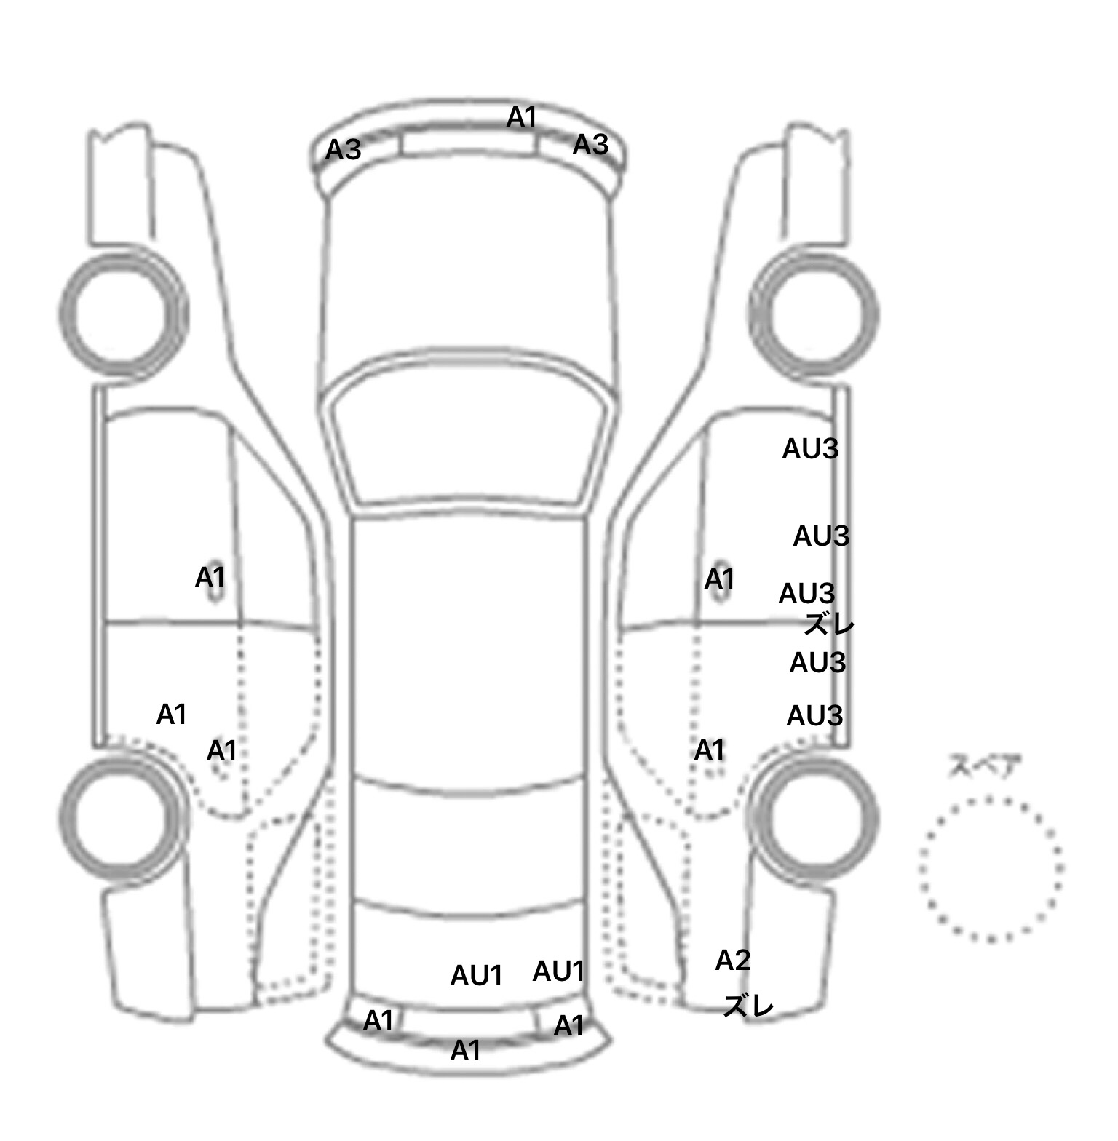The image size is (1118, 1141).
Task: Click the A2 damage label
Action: (x=732, y=961)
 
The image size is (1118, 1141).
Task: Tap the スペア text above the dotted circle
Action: (x=984, y=766)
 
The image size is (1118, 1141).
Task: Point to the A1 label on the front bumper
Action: (x=522, y=116)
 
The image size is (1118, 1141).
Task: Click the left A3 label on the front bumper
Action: (x=343, y=150)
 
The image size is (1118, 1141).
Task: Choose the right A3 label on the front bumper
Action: (x=590, y=145)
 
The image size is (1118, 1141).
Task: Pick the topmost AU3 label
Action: (x=810, y=449)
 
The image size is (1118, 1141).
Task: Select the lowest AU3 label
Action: (x=814, y=716)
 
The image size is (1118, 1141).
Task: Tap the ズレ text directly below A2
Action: (x=748, y=1006)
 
